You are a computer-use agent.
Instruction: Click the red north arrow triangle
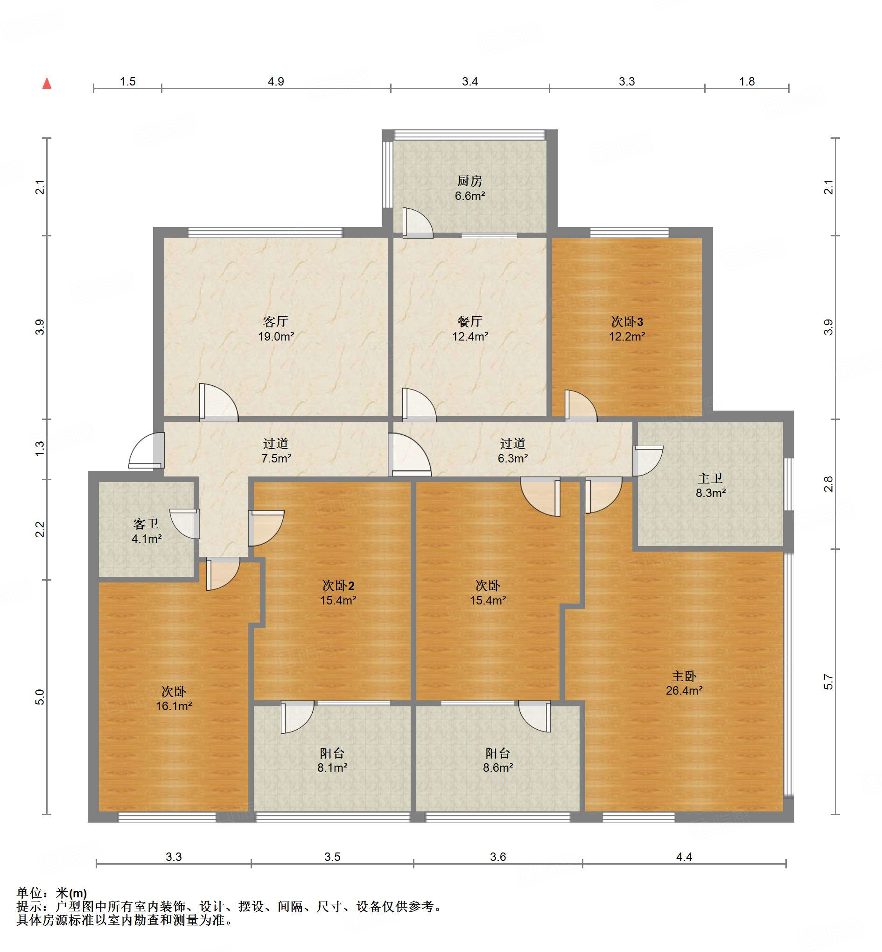coord(47,83)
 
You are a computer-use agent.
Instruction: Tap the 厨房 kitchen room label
coord(469,181)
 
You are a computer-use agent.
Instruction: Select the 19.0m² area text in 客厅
coord(276,337)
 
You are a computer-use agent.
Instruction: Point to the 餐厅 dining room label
coord(469,321)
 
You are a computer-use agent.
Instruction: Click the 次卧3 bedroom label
coord(627,321)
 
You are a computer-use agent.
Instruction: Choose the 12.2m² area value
coord(627,337)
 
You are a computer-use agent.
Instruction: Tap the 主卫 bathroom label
coord(710,478)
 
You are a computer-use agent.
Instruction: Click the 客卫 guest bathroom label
coord(146,524)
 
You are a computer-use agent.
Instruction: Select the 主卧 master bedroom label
coord(684,676)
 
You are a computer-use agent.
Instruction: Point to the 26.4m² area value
coord(684,691)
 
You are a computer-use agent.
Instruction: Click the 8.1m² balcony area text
coord(332,767)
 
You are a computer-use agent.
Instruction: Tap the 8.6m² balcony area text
coord(498,767)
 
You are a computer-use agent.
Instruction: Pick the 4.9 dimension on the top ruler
coord(276,82)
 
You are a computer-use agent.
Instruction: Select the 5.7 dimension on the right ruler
coord(828,682)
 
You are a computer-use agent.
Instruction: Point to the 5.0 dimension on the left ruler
coord(40,697)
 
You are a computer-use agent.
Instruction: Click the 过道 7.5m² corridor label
coord(276,444)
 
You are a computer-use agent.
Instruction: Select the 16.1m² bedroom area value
coord(174,706)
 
